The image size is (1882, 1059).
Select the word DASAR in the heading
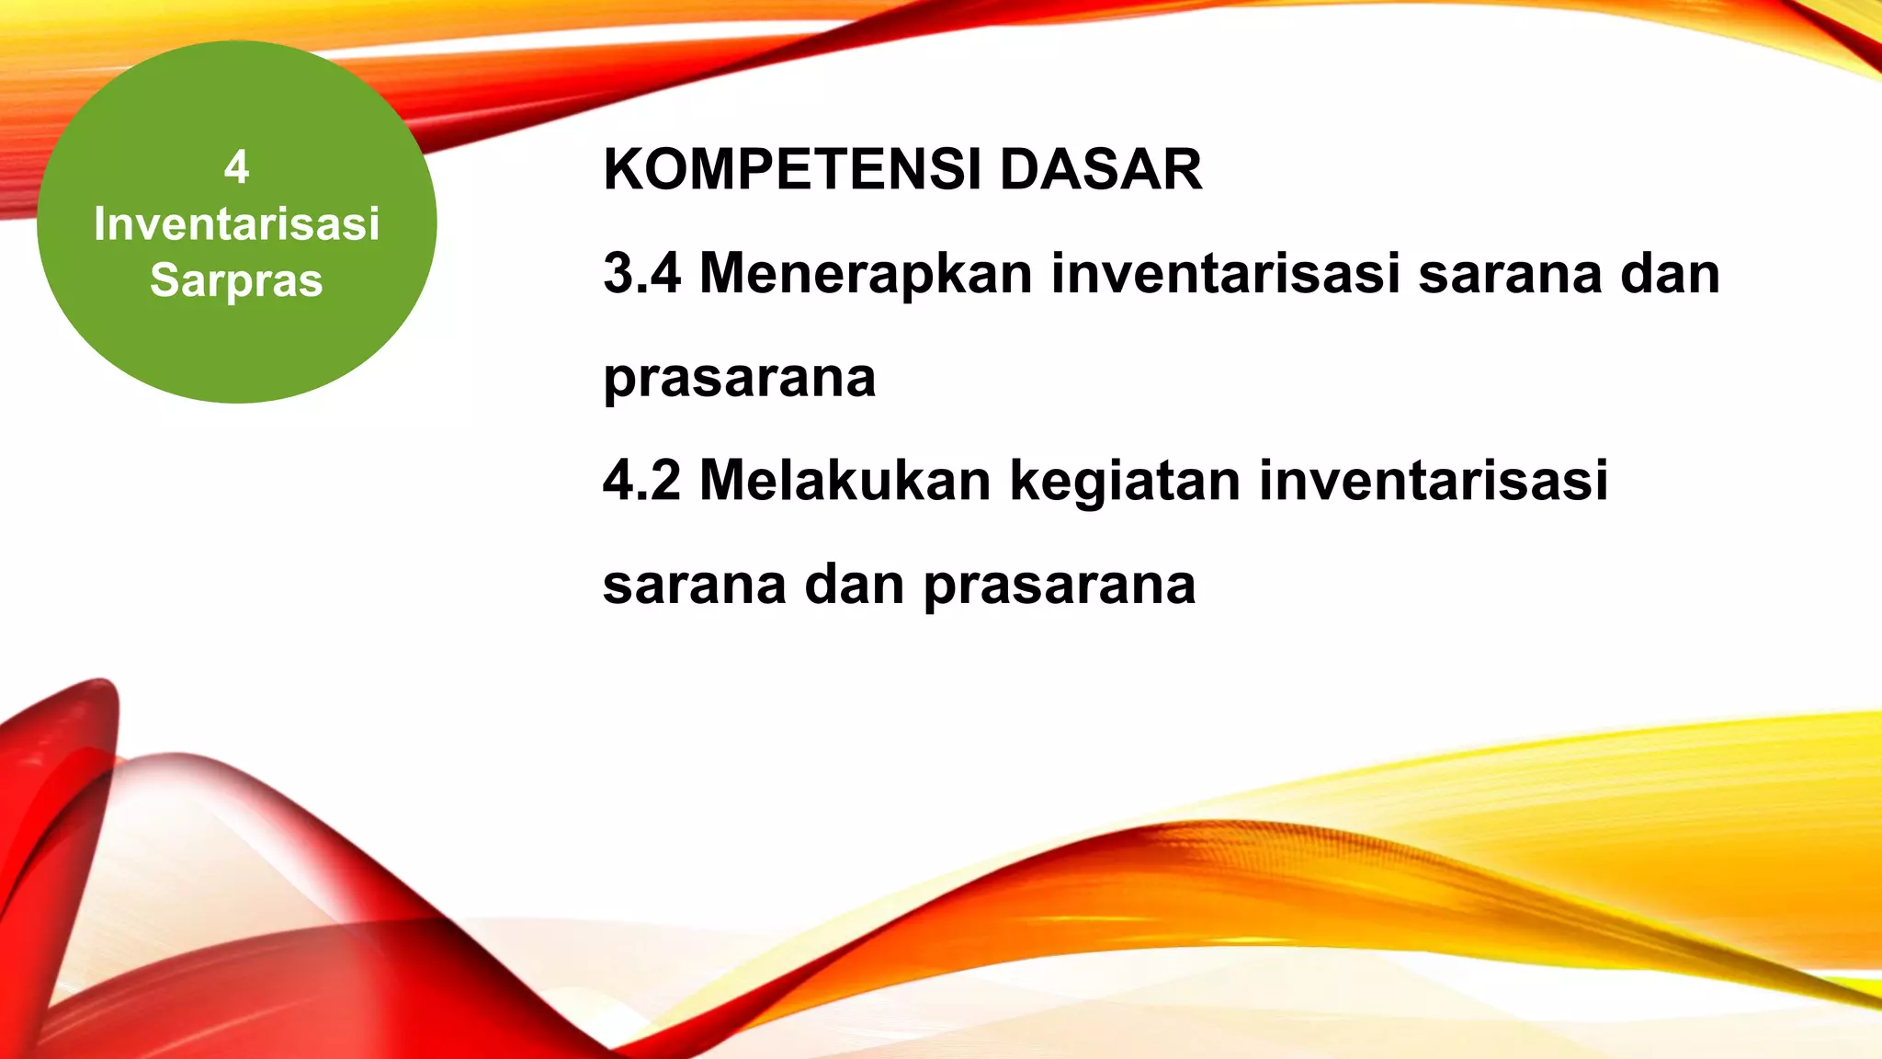pyautogui.click(x=1101, y=170)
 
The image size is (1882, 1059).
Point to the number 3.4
pyautogui.click(x=641, y=274)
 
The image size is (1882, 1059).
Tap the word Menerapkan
pyautogui.click(x=866, y=274)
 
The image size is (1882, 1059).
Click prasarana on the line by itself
pyautogui.click(x=740, y=379)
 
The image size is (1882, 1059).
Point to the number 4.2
pyautogui.click(x=641, y=481)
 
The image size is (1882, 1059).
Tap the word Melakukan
pyautogui.click(x=845, y=481)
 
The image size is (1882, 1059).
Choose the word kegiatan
pyautogui.click(x=1125, y=483)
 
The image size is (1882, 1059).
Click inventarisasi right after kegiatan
pyautogui.click(x=1434, y=481)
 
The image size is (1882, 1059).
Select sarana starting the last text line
pyautogui.click(x=695, y=586)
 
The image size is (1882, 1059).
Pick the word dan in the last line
pyautogui.click(x=855, y=586)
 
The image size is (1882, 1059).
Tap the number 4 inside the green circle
pyautogui.click(x=236, y=168)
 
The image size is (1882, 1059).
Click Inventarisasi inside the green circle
pyautogui.click(x=236, y=224)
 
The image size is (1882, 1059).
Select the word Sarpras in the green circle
pyautogui.click(x=236, y=280)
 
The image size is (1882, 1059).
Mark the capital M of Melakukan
pyautogui.click(x=723, y=481)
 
